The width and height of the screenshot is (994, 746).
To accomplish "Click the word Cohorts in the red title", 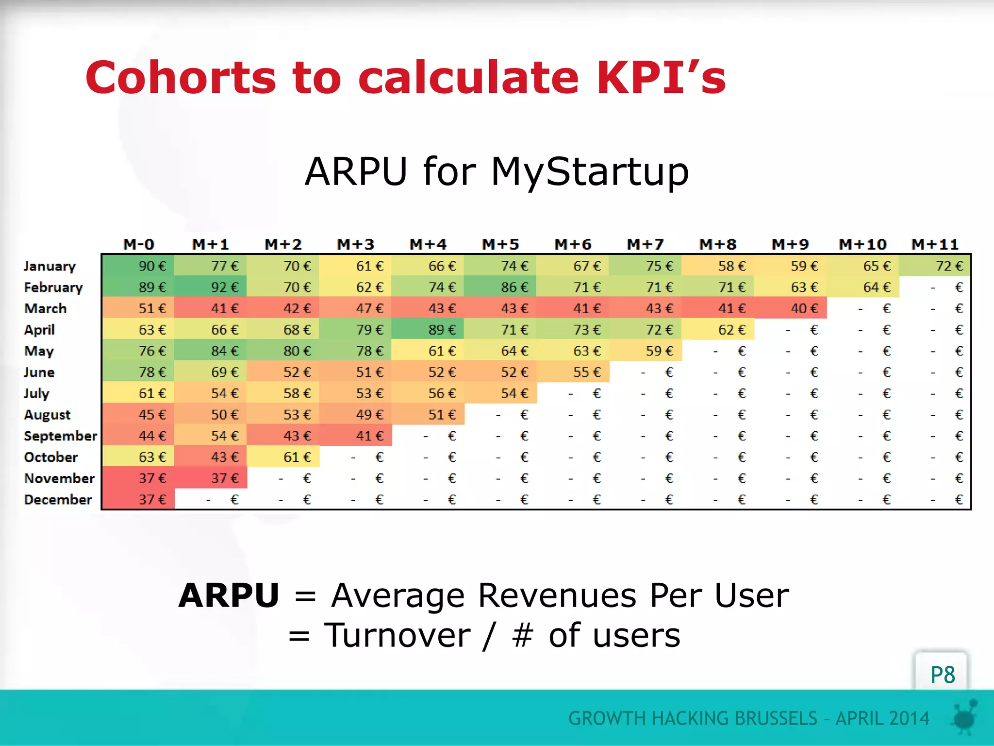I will click(x=181, y=78).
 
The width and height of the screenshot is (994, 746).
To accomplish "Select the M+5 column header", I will click(x=500, y=244).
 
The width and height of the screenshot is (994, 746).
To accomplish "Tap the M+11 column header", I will click(x=935, y=244).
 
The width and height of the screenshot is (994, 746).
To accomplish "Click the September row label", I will click(x=60, y=436).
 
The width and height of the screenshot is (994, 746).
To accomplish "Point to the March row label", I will click(x=45, y=308).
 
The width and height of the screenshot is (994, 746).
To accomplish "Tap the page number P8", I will click(x=942, y=675).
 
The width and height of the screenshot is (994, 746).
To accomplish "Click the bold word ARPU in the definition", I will click(x=229, y=595).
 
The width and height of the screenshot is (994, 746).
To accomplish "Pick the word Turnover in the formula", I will click(x=397, y=635).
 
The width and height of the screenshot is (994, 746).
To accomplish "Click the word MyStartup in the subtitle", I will click(x=590, y=172).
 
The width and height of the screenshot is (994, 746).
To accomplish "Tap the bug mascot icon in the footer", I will click(x=965, y=716).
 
